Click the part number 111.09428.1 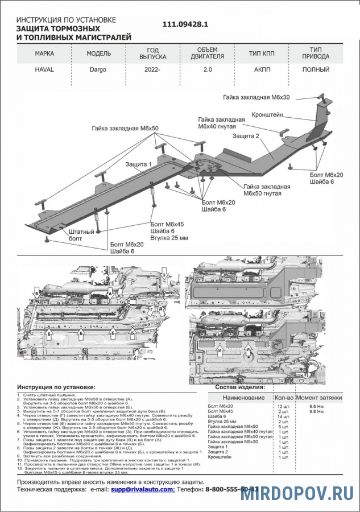point(185,24)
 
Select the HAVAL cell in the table point(45,70)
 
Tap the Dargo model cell point(97,70)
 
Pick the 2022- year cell point(152,70)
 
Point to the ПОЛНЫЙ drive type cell point(316,70)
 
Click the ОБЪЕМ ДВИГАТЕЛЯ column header point(207,53)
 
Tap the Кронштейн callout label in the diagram point(268,114)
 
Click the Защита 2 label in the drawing point(246,137)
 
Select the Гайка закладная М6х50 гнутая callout point(267,190)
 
